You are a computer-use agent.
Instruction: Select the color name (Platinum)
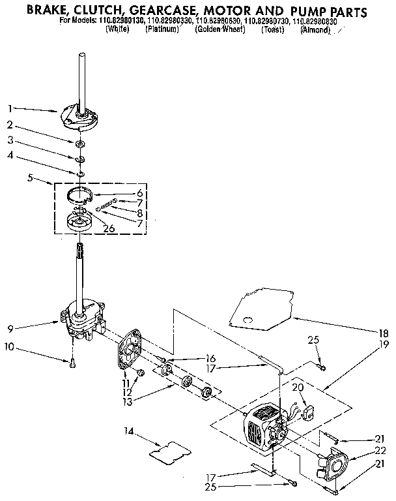pos(162,30)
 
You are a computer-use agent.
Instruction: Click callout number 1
pos(10,108)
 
